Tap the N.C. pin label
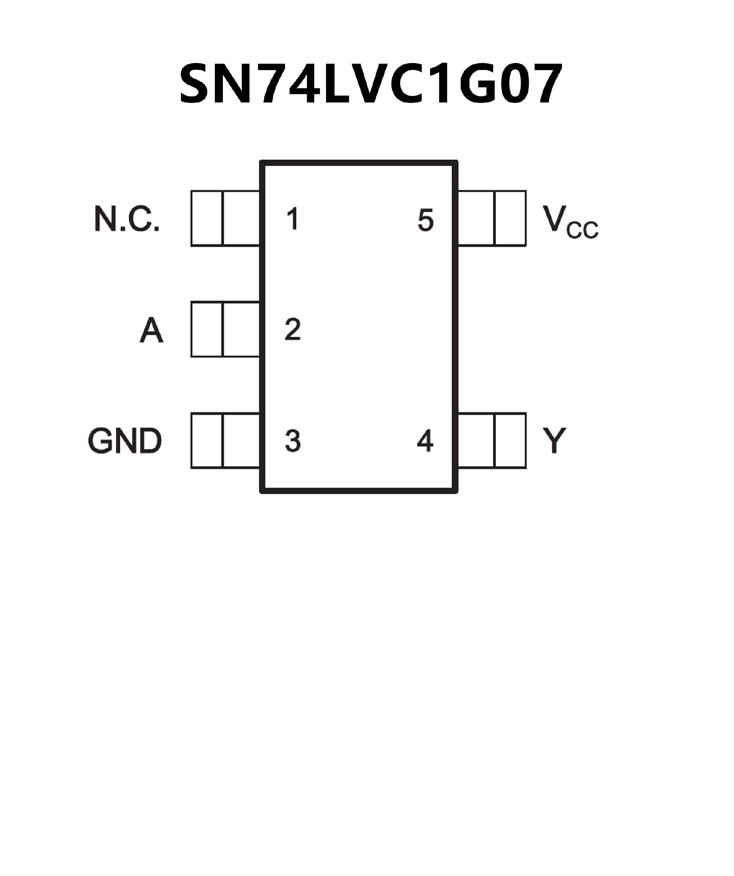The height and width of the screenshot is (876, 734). click(x=127, y=219)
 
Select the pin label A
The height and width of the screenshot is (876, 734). click(x=151, y=330)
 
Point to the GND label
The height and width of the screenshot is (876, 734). click(x=125, y=440)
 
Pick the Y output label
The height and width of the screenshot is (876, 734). click(x=554, y=440)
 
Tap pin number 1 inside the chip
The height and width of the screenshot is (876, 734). click(x=293, y=219)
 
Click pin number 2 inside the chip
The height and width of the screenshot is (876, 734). click(x=293, y=330)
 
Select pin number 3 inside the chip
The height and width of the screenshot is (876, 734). click(x=293, y=440)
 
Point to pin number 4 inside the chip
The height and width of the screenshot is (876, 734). click(x=425, y=440)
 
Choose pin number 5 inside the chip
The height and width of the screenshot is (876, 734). click(x=425, y=220)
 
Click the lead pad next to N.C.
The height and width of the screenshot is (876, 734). click(x=225, y=218)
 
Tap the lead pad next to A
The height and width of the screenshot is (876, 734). click(x=225, y=330)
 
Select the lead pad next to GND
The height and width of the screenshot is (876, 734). click(x=225, y=440)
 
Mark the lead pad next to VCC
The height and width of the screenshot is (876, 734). click(x=492, y=218)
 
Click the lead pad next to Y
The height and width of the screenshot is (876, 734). click(x=492, y=440)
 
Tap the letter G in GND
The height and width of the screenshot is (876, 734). click(x=100, y=440)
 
